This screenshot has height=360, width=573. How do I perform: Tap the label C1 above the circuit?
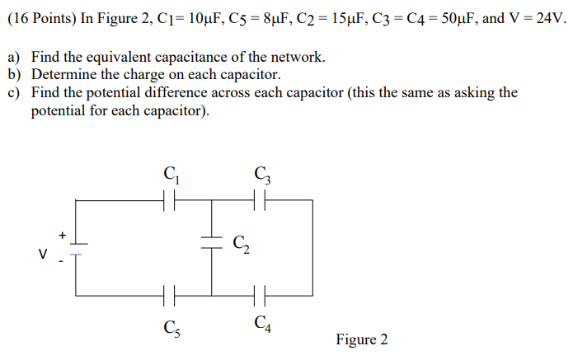171,175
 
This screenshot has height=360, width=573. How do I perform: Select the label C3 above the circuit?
263,175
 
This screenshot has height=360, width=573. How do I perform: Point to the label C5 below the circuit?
171,326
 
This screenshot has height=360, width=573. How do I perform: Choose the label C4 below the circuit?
263,323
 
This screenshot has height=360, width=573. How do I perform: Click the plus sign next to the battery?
60,235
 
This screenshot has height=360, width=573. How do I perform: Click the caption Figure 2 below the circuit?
361,339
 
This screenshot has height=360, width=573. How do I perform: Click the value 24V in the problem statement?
547,18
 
